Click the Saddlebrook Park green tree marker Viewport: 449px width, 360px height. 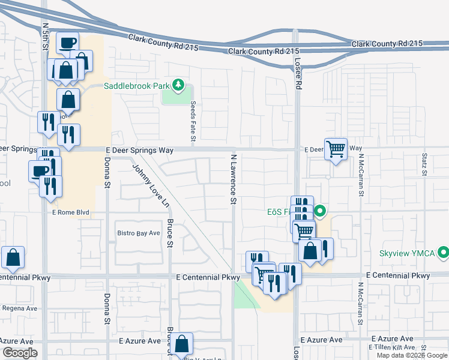(178, 86)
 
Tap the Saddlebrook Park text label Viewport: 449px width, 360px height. (137, 86)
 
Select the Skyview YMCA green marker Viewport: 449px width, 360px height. (444, 253)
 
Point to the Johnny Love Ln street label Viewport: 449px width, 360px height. (149, 187)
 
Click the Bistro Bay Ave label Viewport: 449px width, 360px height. (139, 233)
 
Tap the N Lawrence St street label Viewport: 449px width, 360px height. (234, 178)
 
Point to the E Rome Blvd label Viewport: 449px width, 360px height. (73, 211)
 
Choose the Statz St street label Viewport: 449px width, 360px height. (424, 164)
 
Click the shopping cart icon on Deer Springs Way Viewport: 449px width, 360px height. (336, 148)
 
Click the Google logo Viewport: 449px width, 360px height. (20, 353)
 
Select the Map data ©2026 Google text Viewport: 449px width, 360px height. (411, 355)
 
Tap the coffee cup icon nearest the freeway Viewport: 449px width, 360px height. (67, 43)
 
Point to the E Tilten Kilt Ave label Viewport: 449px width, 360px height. (391, 347)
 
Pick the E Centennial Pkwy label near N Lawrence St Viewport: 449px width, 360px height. (208, 277)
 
